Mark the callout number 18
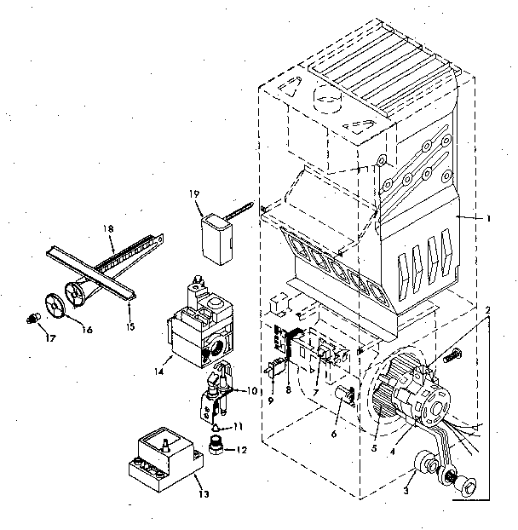[108, 230]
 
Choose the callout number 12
[242, 450]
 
